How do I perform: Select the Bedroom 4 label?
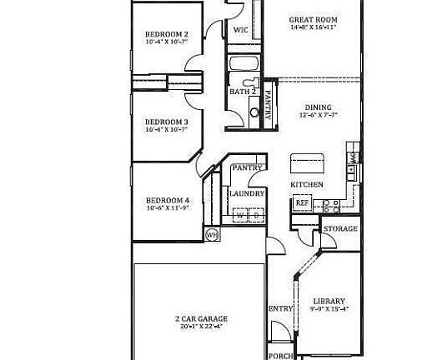[x=168, y=200]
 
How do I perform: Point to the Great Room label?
[x=313, y=19]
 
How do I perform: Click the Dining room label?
[x=318, y=107]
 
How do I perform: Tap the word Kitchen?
[x=305, y=183]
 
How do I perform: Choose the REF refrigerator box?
[x=302, y=202]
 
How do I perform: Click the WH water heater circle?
[x=212, y=234]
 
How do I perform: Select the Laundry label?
[x=247, y=193]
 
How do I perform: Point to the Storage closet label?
[x=340, y=228]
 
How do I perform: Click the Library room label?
[x=329, y=301]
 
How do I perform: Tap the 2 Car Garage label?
[x=201, y=318]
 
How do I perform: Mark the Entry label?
[x=280, y=308]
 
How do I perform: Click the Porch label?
[x=282, y=356]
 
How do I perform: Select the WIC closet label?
[x=241, y=30]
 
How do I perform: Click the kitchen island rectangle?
[x=305, y=162]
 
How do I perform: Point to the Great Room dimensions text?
[x=313, y=28]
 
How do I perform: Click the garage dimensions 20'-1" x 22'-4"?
[x=201, y=327]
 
